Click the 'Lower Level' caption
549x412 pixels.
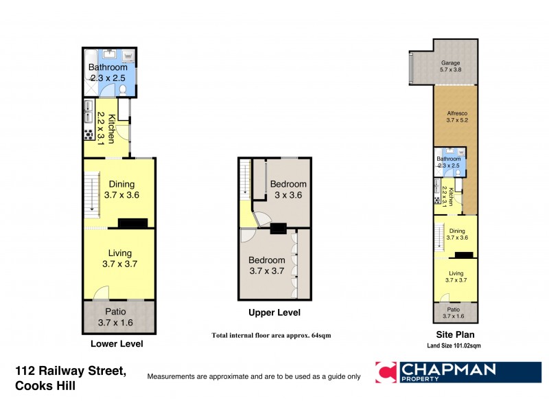[x=116, y=343]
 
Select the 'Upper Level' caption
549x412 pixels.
[x=274, y=312]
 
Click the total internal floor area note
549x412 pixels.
[x=272, y=335]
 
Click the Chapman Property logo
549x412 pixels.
[x=458, y=372]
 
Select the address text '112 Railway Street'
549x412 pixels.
[x=71, y=371]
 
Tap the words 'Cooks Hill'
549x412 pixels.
[x=45, y=386]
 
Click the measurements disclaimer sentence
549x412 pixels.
[x=253, y=376]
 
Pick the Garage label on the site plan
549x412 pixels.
[x=451, y=65]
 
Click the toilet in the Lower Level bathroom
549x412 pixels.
[x=122, y=89]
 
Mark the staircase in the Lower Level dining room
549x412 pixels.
[x=91, y=193]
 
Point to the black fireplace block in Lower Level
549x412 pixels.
[x=132, y=223]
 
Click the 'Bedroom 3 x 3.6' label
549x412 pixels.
[x=288, y=190]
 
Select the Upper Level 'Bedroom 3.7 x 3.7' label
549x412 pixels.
[x=267, y=266]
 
